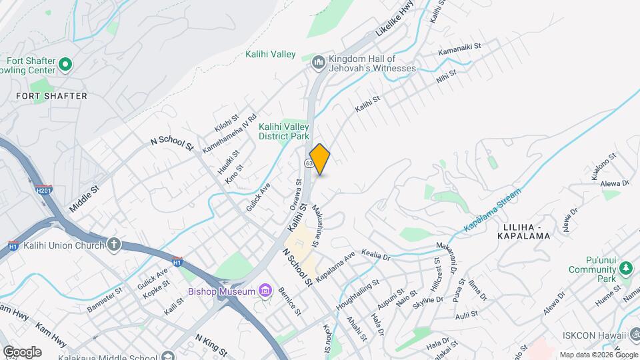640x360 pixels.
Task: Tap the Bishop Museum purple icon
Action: pos(266,291)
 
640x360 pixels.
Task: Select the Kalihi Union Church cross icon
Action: pos(114,245)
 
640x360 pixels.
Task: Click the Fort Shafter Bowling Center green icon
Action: pos(65,64)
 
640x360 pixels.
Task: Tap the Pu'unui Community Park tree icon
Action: pos(625,268)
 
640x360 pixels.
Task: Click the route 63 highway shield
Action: pos(309,163)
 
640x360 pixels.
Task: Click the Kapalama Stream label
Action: pos(492,211)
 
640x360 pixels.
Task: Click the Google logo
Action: pos(21,351)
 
